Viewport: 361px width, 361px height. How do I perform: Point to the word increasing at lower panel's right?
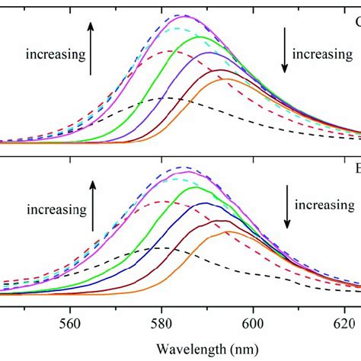(325, 205)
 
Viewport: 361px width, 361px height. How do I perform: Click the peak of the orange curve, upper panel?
(226, 79)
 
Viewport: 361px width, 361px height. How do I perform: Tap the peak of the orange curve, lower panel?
(228, 232)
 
